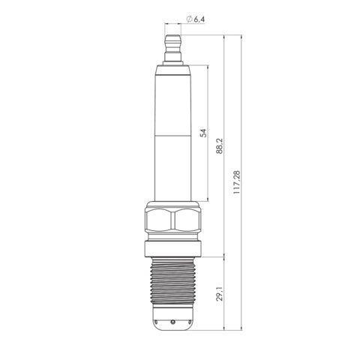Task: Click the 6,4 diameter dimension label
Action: [x=199, y=19]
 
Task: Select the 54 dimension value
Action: [x=204, y=133]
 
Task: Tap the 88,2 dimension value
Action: [x=219, y=146]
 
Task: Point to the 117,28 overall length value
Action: [x=236, y=182]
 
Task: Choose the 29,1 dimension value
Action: [x=220, y=294]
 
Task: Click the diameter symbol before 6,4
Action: [x=189, y=19]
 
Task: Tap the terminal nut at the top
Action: [x=172, y=48]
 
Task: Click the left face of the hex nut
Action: [x=159, y=220]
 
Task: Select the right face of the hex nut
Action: [x=187, y=220]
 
